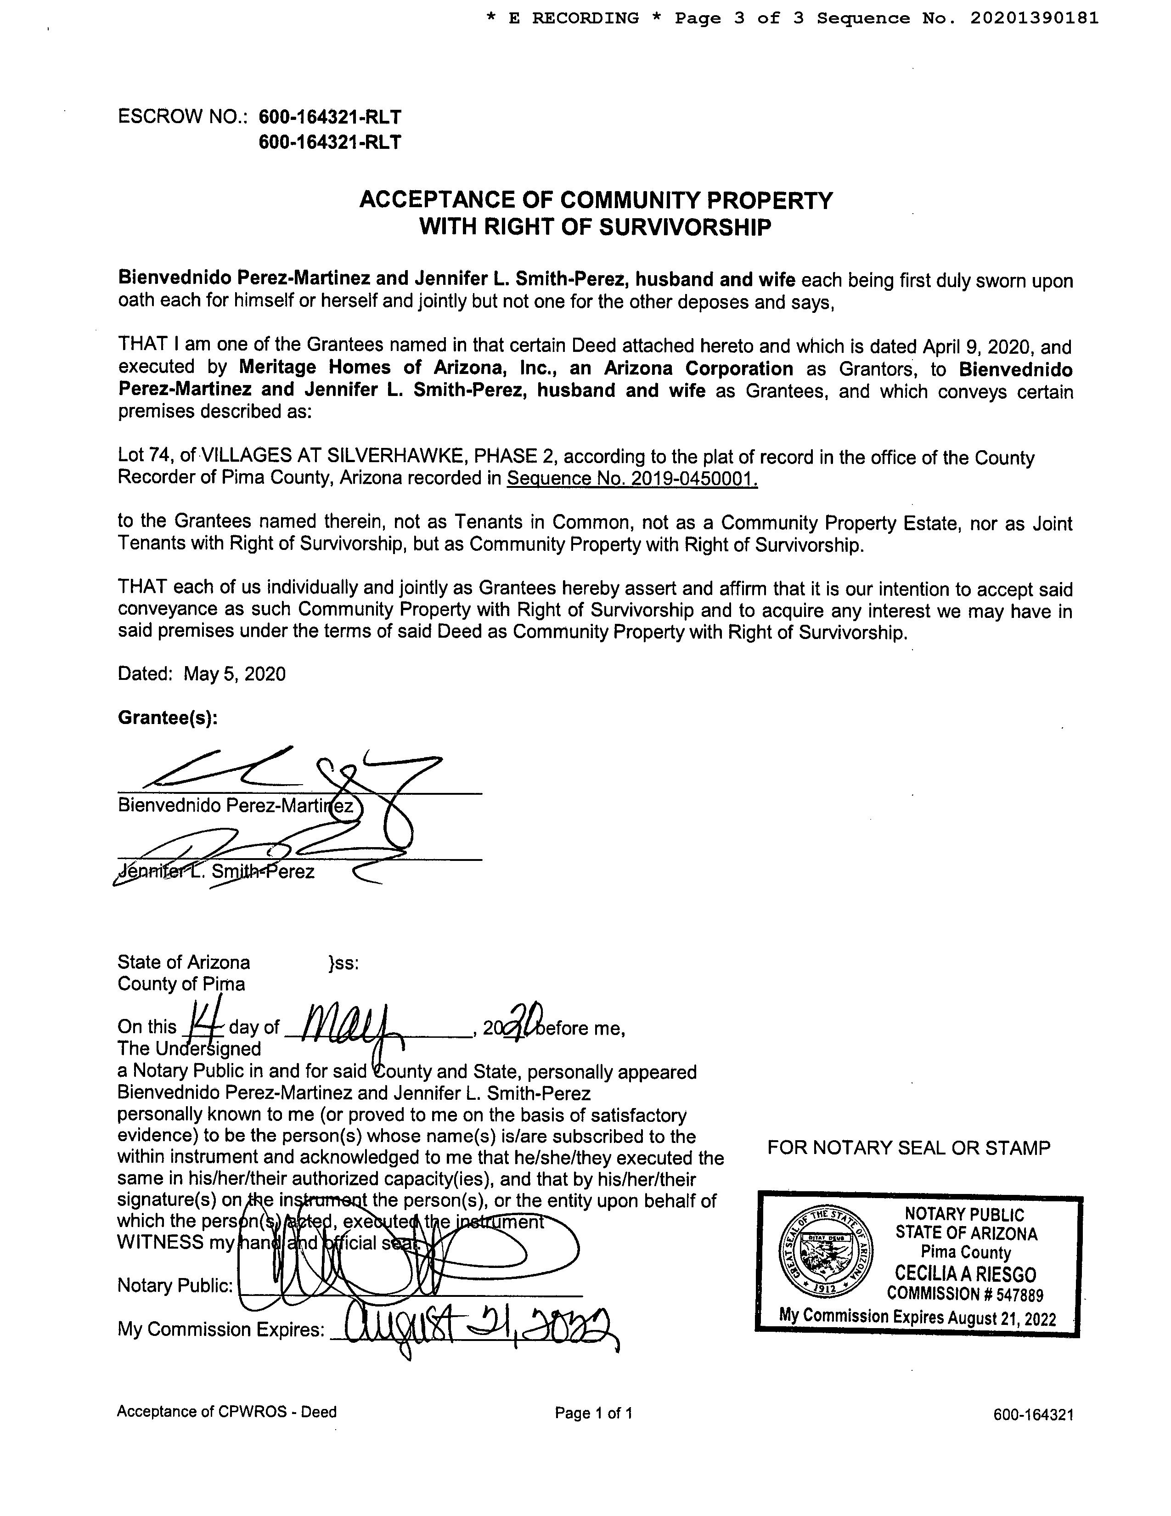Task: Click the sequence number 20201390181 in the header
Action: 1034,19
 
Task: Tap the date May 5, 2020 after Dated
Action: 235,673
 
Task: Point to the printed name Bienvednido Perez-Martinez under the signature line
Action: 236,806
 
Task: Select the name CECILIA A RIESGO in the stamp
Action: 965,1274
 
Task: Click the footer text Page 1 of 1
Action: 594,1413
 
